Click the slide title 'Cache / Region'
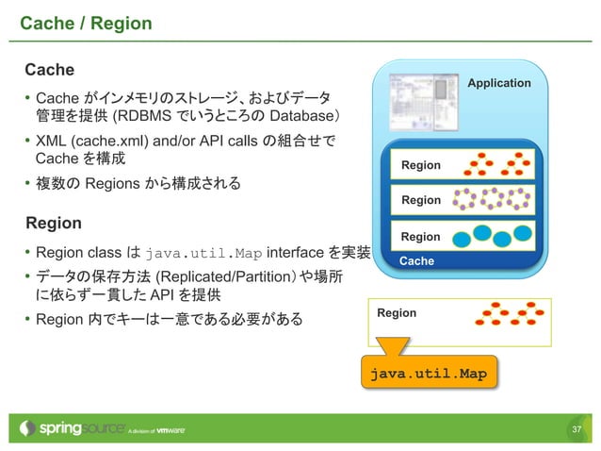click(x=86, y=22)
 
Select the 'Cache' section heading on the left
click(x=49, y=70)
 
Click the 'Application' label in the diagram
click(x=499, y=83)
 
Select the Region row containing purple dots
click(x=463, y=200)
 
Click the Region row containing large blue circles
click(x=463, y=236)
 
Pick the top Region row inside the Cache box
click(x=463, y=165)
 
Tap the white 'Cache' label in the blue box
click(x=416, y=260)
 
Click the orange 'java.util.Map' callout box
click(x=428, y=374)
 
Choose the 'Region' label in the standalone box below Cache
click(x=397, y=312)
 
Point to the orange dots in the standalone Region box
click(x=509, y=314)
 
